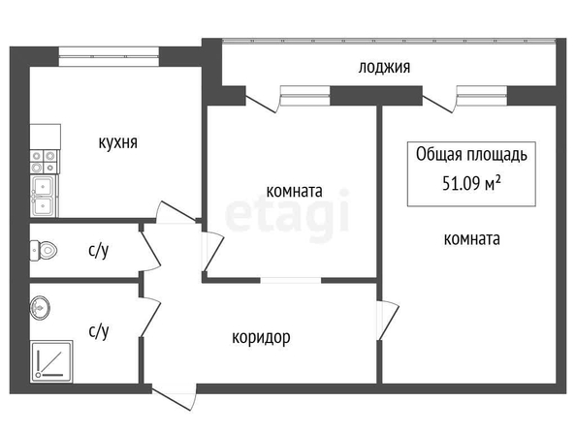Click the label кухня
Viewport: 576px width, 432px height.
coord(118,142)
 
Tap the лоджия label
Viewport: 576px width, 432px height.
coord(384,68)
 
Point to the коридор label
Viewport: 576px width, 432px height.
coord(261,337)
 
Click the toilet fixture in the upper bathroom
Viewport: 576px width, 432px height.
coord(44,251)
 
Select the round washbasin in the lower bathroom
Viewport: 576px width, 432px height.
coord(40,308)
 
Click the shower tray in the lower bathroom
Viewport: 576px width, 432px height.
coord(51,361)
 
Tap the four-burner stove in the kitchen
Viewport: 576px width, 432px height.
coord(45,162)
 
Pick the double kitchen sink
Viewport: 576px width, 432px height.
coord(44,196)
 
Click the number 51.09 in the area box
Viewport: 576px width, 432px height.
coord(462,183)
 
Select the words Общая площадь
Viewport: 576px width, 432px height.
coord(471,155)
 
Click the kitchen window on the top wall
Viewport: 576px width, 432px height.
coord(109,56)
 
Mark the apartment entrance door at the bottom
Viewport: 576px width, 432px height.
coord(175,397)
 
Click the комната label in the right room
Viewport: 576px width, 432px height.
coord(471,239)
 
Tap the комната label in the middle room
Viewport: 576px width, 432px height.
coord(294,191)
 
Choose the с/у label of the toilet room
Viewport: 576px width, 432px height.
coord(99,251)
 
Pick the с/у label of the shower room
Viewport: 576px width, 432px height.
coord(99,331)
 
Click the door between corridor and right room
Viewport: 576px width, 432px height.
coord(388,321)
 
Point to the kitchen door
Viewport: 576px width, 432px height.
coord(176,213)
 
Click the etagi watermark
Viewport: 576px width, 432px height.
coord(287,215)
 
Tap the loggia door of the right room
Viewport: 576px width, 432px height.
coord(438,104)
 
